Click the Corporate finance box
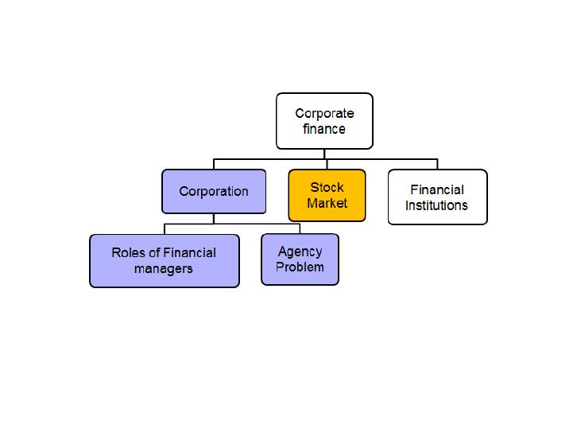(x=324, y=121)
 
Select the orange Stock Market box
(x=327, y=195)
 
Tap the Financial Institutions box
(x=438, y=197)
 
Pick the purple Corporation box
(x=214, y=191)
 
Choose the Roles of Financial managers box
(x=165, y=261)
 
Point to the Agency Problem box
(x=300, y=259)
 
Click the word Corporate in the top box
(x=324, y=113)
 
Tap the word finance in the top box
(x=324, y=129)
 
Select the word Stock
(x=327, y=187)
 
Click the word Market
(x=327, y=203)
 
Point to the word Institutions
(x=436, y=205)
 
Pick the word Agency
(x=300, y=252)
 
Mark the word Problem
(x=300, y=267)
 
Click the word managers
(x=164, y=269)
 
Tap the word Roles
(x=129, y=253)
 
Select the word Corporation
(x=214, y=192)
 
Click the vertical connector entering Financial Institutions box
(x=438, y=164)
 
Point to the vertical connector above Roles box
(x=165, y=229)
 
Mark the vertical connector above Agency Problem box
(x=300, y=229)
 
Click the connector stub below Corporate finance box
(x=324, y=154)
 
